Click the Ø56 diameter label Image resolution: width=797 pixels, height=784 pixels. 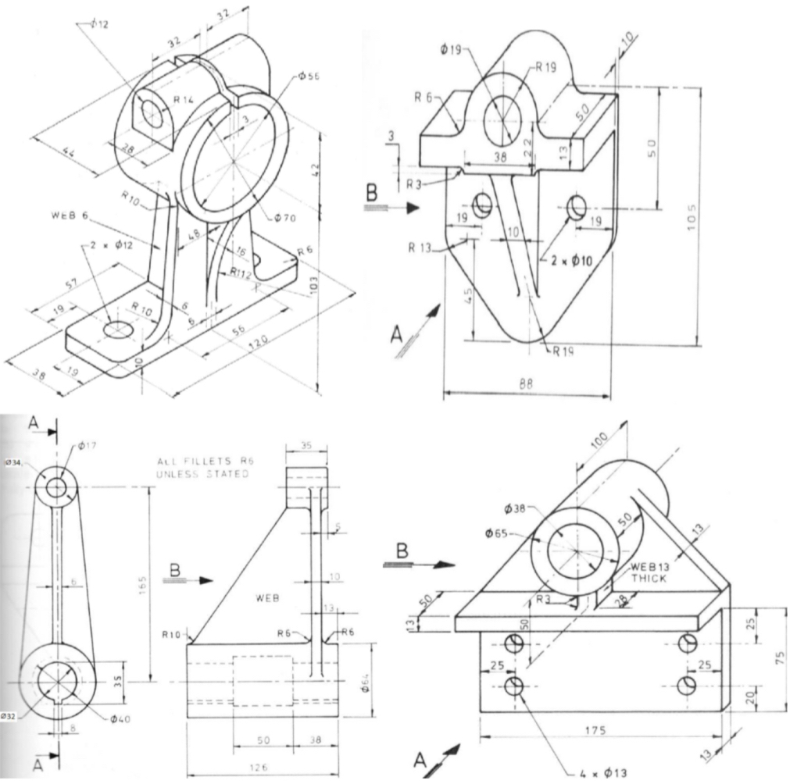click(309, 77)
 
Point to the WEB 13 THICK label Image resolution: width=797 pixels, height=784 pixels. click(649, 572)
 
